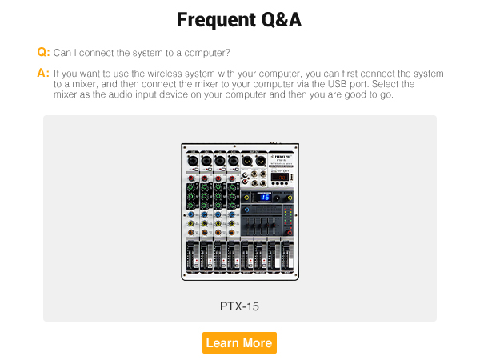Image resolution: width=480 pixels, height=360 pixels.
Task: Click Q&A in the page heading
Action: tap(277, 19)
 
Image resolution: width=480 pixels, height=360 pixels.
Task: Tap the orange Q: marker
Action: tap(43, 52)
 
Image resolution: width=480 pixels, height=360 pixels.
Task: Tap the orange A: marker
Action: tap(43, 73)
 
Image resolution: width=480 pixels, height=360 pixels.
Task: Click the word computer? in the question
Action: tap(209, 53)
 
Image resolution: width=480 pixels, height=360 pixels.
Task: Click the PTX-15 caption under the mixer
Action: tap(239, 306)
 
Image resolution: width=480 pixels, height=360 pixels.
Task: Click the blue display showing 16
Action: tap(265, 197)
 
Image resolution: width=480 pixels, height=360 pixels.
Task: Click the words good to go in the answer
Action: tap(369, 95)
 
